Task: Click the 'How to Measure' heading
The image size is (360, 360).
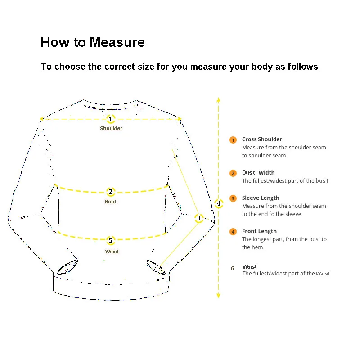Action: coord(93,42)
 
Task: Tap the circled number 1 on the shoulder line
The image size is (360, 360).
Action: coord(111,119)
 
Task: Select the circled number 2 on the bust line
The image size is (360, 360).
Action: coord(111,192)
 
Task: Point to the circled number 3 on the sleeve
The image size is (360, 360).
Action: coord(199,218)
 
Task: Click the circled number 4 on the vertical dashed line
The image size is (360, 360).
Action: coord(219,203)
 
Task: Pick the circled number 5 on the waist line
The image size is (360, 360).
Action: coord(111,240)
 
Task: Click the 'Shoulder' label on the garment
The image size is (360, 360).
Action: coord(111,128)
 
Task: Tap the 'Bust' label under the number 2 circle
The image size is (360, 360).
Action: coord(110,202)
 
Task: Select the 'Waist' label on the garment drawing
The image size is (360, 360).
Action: coord(112,252)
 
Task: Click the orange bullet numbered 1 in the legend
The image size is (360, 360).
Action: coord(233,140)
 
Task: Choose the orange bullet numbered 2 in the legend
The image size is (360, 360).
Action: coord(233,173)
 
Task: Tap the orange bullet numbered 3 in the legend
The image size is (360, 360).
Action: coord(233,198)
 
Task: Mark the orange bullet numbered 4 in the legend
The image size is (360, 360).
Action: coord(233,232)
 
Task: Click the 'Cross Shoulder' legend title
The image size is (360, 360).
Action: coord(262,139)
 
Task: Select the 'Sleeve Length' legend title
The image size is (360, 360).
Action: coord(261,198)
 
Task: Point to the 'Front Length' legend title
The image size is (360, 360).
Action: coord(259,231)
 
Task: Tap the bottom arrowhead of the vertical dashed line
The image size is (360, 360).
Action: coord(218,296)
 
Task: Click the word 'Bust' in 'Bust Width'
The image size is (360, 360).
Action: coord(248,173)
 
